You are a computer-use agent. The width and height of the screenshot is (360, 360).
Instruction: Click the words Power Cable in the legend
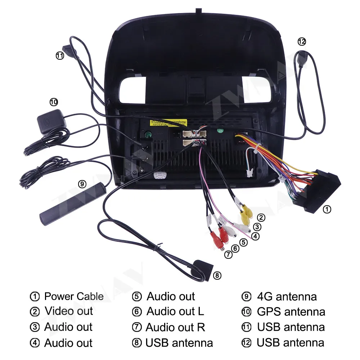coord(74,297)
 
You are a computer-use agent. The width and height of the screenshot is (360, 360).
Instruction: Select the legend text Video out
coord(68,311)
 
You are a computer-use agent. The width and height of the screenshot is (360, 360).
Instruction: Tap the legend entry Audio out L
coord(175,311)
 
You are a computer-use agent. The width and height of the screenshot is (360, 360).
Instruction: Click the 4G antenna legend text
coord(287,297)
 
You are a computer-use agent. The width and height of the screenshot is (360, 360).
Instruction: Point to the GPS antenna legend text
coord(291,311)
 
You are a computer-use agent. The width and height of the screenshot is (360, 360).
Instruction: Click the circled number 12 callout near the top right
coord(302,41)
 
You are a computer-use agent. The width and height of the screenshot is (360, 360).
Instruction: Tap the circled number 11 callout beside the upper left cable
coord(60,55)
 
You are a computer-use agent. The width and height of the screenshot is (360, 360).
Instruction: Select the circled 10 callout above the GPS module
coord(54,102)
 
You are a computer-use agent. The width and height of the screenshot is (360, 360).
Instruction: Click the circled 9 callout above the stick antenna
coord(82,184)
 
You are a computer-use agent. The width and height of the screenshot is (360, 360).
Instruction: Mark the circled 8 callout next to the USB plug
coord(217,276)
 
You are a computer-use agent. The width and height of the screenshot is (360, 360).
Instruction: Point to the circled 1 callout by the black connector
coord(327,209)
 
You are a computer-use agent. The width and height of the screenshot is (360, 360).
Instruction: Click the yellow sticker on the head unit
coord(168,123)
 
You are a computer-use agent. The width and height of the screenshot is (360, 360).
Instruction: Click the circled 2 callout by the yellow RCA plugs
coord(261,217)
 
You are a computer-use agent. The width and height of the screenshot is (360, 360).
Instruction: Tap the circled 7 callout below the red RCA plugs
coord(228,254)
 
